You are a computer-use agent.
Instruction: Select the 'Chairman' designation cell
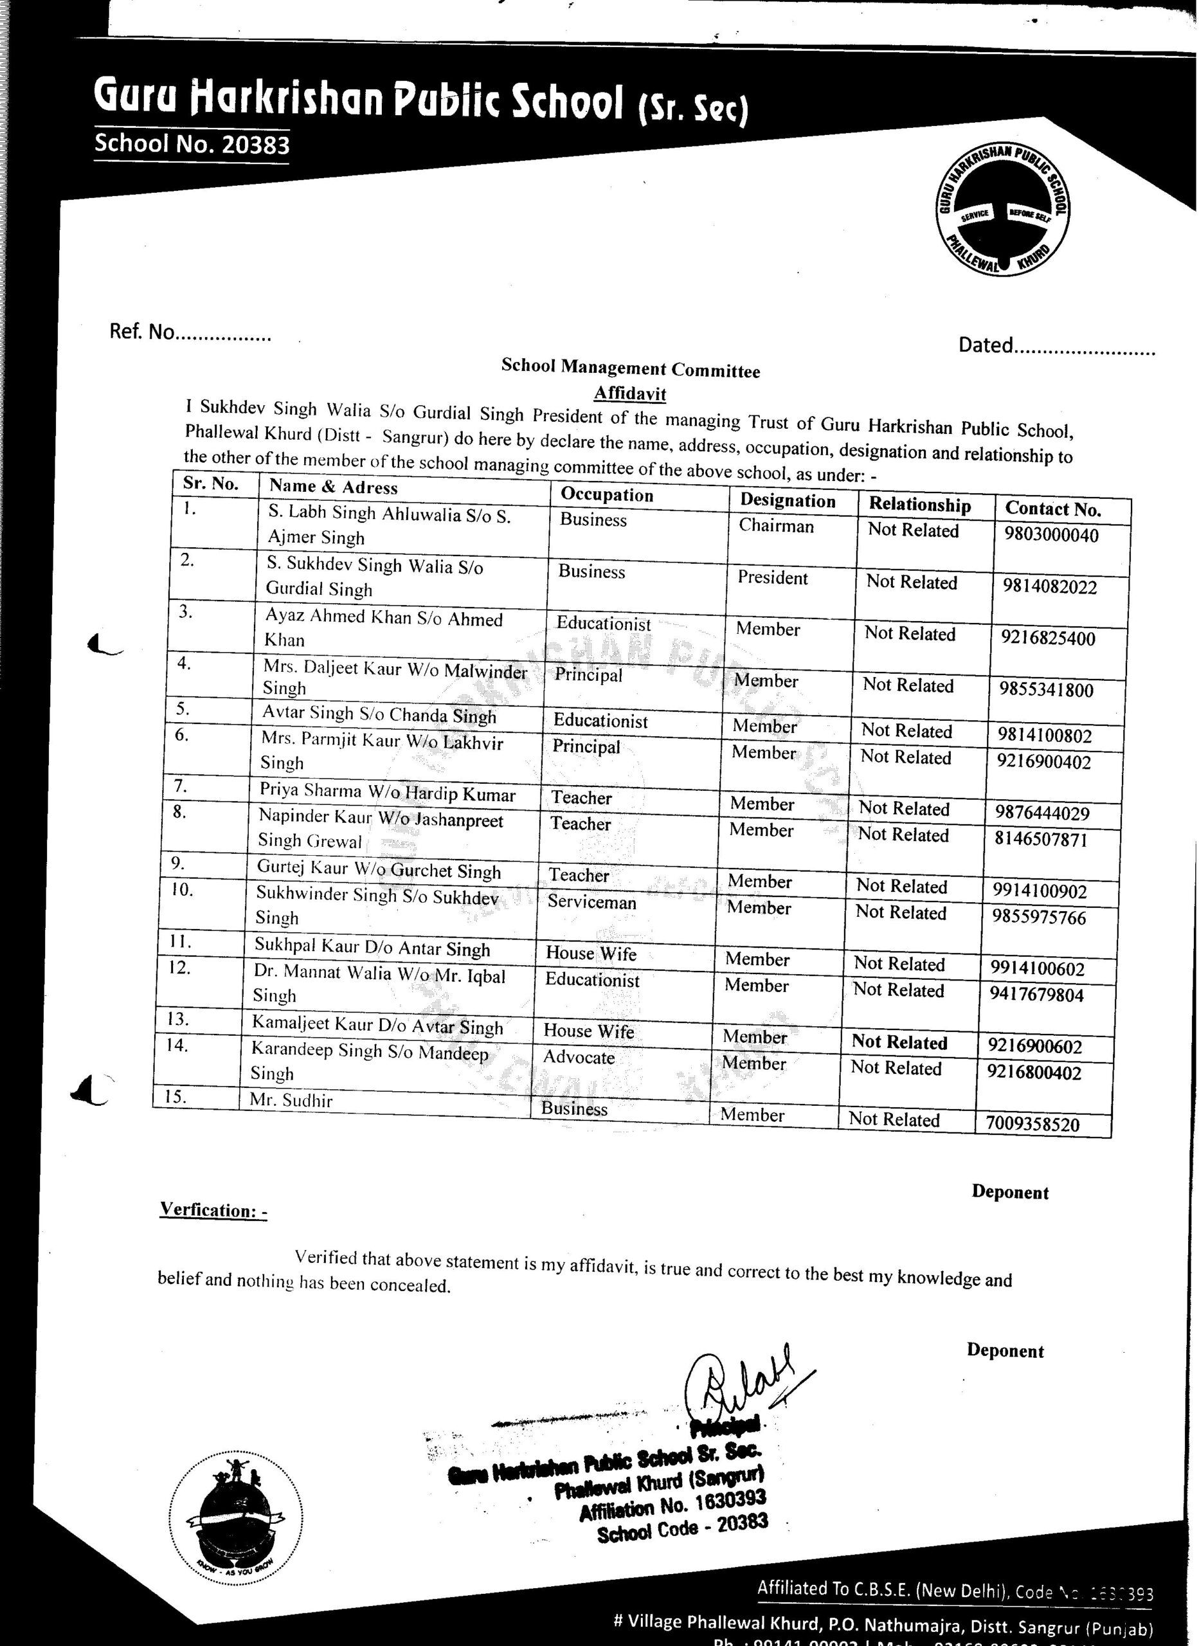[x=776, y=525]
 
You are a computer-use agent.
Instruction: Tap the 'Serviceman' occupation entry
[x=591, y=902]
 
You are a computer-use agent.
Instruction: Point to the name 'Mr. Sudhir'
[x=291, y=1100]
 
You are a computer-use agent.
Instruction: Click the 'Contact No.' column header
[x=1052, y=509]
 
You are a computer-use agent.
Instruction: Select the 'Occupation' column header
[x=607, y=494]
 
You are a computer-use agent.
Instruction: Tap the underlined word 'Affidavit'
[x=630, y=393]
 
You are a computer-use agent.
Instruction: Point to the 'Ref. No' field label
[x=142, y=332]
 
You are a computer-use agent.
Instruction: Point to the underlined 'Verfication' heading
[x=213, y=1210]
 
